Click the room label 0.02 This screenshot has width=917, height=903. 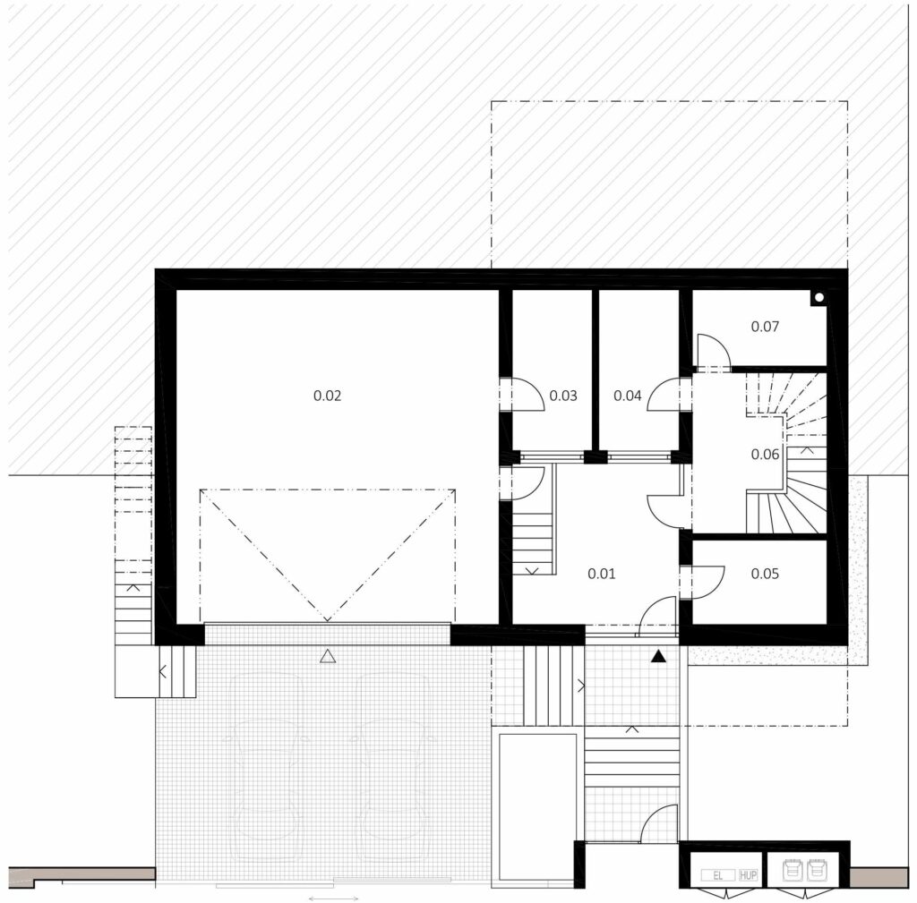click(327, 396)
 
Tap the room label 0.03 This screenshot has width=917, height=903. click(563, 396)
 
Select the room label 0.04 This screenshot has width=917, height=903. click(628, 396)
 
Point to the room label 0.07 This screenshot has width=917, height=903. click(765, 326)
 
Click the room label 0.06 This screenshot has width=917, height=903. click(765, 454)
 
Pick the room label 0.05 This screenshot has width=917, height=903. click(765, 574)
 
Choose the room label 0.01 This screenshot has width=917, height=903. click(601, 574)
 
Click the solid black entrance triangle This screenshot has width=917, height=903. click(658, 656)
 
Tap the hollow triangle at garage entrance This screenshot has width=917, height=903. click(328, 656)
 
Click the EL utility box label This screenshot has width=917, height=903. click(717, 875)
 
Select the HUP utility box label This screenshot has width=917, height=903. click(748, 875)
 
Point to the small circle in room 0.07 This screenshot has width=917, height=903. click(818, 297)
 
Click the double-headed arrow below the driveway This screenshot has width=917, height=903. click(333, 899)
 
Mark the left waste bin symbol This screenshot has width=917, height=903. click(793, 870)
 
